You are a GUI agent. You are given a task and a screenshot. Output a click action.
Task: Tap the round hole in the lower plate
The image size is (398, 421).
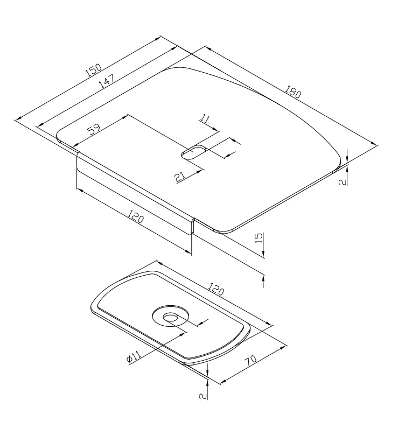click(x=170, y=317)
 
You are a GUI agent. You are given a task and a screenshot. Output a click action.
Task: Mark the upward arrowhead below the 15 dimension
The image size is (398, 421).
click(x=263, y=277)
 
